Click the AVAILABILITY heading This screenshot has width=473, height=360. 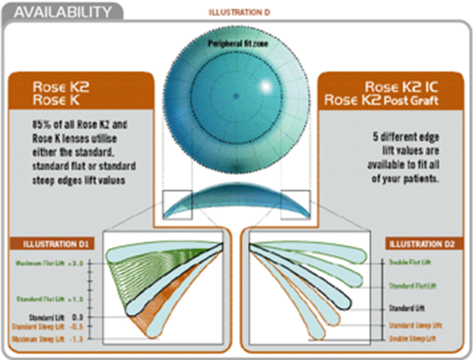(x=62, y=11)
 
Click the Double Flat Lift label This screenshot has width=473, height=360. (x=412, y=263)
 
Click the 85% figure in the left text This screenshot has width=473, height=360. (x=42, y=125)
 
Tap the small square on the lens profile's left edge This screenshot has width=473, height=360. (x=177, y=204)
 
